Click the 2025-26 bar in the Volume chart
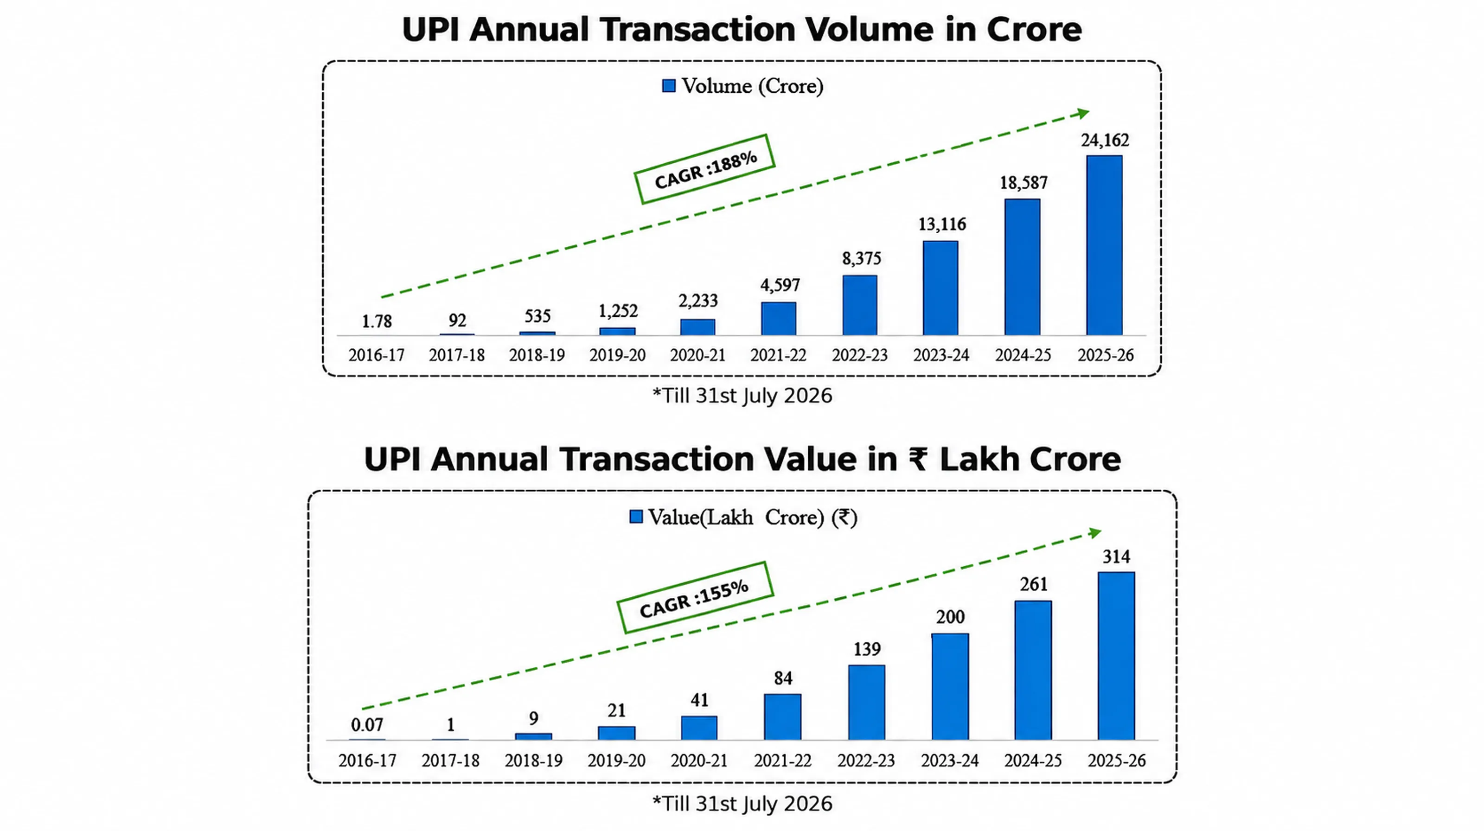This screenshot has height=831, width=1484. click(1104, 245)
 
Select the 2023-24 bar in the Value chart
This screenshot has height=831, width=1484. click(950, 686)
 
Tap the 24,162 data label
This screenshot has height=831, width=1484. click(1105, 140)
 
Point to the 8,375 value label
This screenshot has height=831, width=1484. click(861, 259)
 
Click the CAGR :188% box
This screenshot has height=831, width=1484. click(704, 169)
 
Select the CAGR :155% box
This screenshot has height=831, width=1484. click(695, 598)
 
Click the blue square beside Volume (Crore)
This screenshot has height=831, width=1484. click(669, 86)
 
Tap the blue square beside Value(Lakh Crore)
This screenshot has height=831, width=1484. click(636, 517)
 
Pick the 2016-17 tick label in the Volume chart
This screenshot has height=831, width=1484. click(376, 355)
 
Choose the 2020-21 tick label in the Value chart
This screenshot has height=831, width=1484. click(699, 761)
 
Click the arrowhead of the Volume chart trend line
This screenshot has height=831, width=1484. click(1083, 114)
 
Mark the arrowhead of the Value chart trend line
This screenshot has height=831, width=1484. click(1095, 533)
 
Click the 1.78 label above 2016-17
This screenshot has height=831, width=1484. click(377, 321)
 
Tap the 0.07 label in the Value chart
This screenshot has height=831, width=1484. click(367, 725)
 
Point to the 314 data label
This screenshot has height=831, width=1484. click(1116, 557)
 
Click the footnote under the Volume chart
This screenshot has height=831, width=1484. click(742, 396)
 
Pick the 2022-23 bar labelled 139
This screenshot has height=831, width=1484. click(866, 703)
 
